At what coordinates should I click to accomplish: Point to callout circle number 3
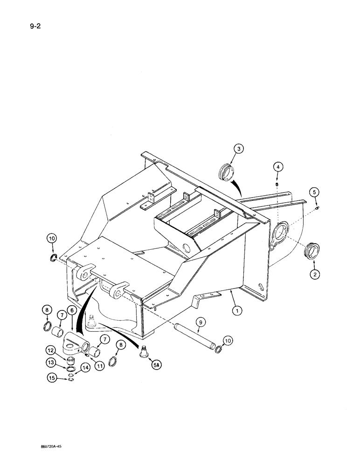tap(238, 149)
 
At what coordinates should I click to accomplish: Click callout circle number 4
tap(277, 166)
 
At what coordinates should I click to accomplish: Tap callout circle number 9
tap(200, 321)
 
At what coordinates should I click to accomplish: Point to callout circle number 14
tap(86, 368)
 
